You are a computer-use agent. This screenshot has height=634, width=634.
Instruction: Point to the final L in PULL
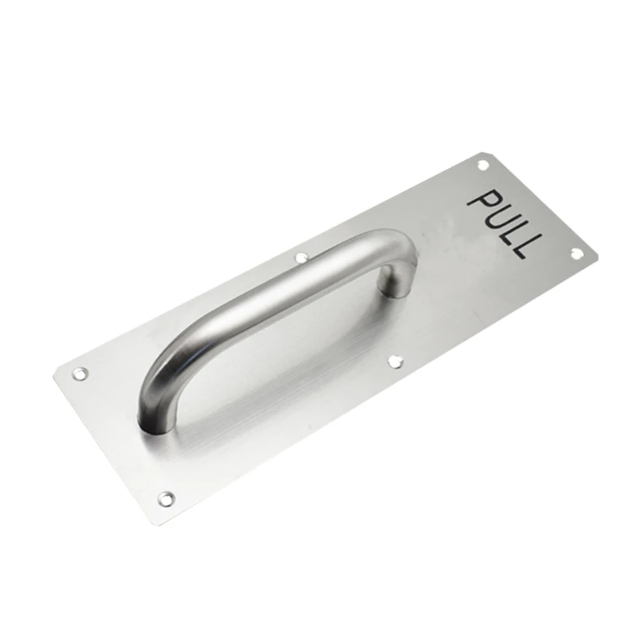pyautogui.click(x=525, y=248)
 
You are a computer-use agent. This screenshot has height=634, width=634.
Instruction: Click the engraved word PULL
pyautogui.click(x=504, y=223)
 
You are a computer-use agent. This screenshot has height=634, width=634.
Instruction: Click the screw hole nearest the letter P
pyautogui.click(x=483, y=164)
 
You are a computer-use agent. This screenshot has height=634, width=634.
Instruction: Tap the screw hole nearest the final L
pyautogui.click(x=576, y=253)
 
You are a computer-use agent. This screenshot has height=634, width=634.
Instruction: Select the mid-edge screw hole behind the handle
pyautogui.click(x=301, y=257)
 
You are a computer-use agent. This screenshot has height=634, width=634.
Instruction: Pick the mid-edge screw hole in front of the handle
pyautogui.click(x=395, y=361)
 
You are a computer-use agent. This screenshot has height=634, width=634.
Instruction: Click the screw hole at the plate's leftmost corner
pyautogui.click(x=80, y=373)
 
